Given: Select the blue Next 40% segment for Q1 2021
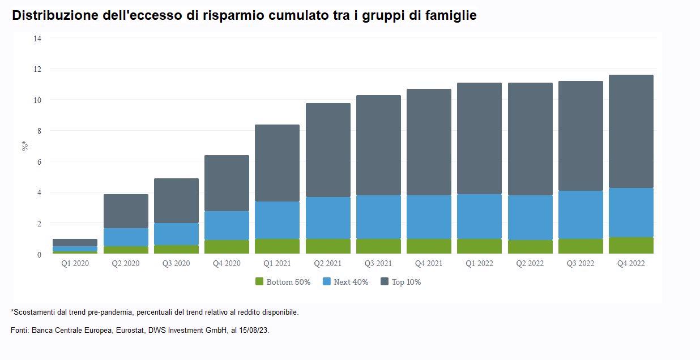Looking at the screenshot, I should click(277, 220).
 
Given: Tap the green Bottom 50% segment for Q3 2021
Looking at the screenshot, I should click(378, 246).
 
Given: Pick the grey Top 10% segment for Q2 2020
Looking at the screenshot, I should click(126, 211).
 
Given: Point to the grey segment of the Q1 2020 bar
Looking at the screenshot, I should click(75, 242).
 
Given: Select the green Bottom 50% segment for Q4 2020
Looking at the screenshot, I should click(227, 247).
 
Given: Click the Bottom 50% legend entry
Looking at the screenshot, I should click(283, 282).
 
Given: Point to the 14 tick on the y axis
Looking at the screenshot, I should click(37, 38).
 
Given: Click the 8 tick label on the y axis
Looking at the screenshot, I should click(39, 131).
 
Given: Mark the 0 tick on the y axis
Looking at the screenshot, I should click(39, 254).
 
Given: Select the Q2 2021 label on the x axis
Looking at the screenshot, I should click(328, 264).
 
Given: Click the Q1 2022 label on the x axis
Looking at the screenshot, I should click(480, 264).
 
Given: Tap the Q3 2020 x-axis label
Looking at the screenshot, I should click(176, 264).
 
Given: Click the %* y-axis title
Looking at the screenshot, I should click(25, 145).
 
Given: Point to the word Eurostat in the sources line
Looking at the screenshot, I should click(130, 330).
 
